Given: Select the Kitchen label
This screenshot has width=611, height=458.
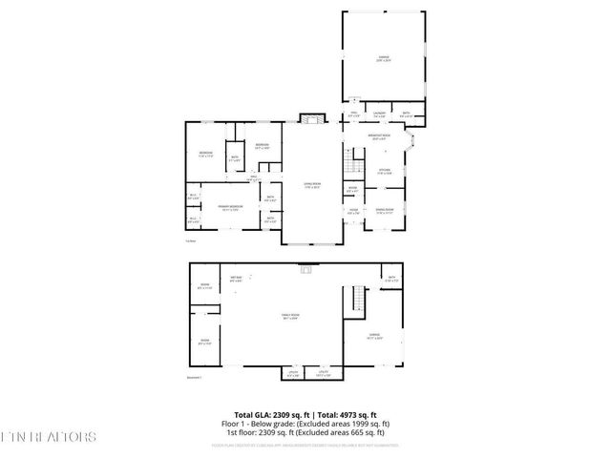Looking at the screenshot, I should coord(384,172).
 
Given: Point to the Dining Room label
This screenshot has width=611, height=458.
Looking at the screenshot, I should coord(384,211).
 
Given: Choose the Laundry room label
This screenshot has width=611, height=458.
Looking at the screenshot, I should coord(378,114).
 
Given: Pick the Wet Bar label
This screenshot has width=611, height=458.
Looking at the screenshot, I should coord(237,279).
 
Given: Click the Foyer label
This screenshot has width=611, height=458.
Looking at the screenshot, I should coord(352,210).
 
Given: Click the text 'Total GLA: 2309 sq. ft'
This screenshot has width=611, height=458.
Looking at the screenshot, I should coord(258,412).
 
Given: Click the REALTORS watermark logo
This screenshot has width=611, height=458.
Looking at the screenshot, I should coord(48,437).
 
